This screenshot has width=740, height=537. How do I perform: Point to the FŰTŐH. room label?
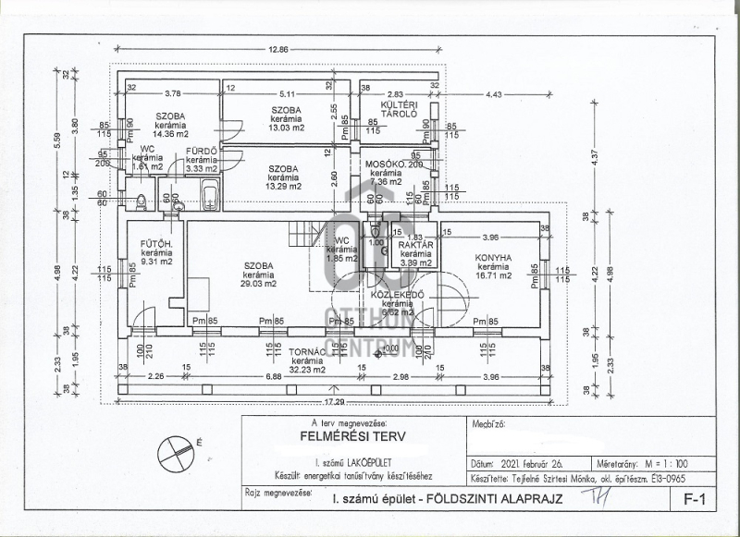coord(152,245)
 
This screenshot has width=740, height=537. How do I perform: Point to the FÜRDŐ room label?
coord(201,150)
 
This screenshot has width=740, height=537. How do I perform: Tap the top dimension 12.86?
coord(278,49)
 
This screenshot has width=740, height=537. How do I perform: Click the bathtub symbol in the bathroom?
coord(209,196)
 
